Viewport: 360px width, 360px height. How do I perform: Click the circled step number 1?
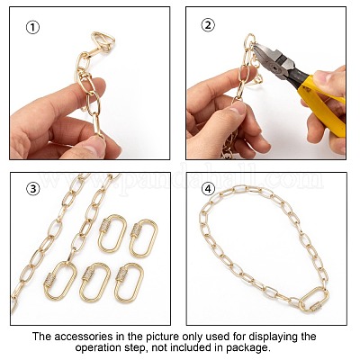click(x=32, y=28)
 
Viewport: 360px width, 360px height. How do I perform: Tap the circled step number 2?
click(x=208, y=25)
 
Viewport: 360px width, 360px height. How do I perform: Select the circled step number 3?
click(x=33, y=189)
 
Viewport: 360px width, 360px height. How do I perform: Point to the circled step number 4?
click(x=208, y=189)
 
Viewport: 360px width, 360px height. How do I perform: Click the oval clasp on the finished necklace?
click(x=314, y=300)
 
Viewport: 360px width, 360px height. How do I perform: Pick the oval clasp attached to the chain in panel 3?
click(x=60, y=281)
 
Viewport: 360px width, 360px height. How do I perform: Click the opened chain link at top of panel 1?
click(x=103, y=41)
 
